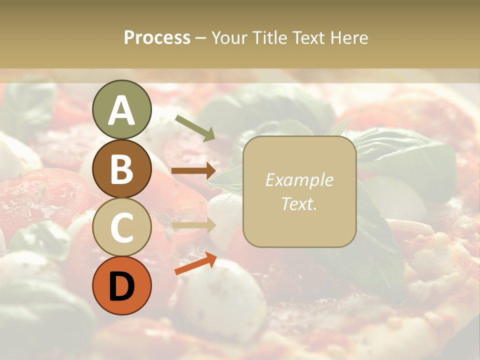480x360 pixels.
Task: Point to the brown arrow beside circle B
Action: tap(193, 171)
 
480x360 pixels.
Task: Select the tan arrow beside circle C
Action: tap(193, 225)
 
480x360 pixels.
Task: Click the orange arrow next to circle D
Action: tap(195, 263)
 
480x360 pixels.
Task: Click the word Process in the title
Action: tap(157, 37)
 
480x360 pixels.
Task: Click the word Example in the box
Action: tap(299, 180)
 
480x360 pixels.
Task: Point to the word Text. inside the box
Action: tap(299, 203)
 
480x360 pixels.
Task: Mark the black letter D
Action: tap(122, 286)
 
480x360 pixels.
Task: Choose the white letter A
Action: tap(122, 110)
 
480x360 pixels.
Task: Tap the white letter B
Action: tap(122, 169)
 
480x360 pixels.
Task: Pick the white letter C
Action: tap(122, 227)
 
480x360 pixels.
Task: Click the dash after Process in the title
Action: tap(200, 38)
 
